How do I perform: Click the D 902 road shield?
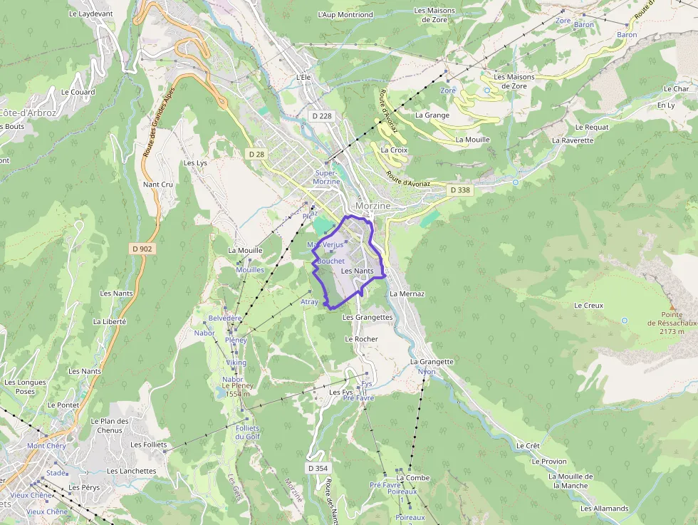pyautogui.click(x=142, y=249)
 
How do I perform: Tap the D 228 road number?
pyautogui.click(x=321, y=115)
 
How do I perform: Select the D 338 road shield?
pyautogui.click(x=460, y=190)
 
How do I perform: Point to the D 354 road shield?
pyautogui.click(x=318, y=468)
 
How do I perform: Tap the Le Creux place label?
pyautogui.click(x=588, y=306)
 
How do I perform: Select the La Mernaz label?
pyautogui.click(x=407, y=293)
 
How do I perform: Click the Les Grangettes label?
pyautogui.click(x=368, y=317)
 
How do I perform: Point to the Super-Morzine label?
pyautogui.click(x=327, y=177)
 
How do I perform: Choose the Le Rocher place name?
pyautogui.click(x=361, y=339)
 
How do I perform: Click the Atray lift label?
pyautogui.click(x=309, y=302)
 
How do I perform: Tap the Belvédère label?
pyautogui.click(x=225, y=318)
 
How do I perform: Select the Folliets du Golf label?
pyautogui.click(x=247, y=432)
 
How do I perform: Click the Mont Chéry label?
pyautogui.click(x=46, y=446)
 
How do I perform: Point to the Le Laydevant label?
pyautogui.click(x=91, y=14)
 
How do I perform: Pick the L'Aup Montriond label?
pyautogui.click(x=345, y=14)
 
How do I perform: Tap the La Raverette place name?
pyautogui.click(x=573, y=140)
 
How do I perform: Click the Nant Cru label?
pyautogui.click(x=158, y=184)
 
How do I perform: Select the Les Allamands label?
pyautogui.click(x=604, y=509)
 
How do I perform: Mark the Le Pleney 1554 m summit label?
pyautogui.click(x=236, y=390)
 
